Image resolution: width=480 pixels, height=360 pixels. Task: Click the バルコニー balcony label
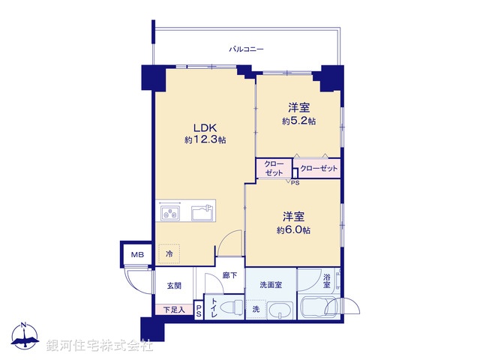click(x=247, y=49)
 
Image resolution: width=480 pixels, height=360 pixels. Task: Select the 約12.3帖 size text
click(x=205, y=140)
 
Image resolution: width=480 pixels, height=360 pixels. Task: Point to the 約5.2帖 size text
click(x=298, y=121)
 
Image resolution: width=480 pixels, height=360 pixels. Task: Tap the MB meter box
click(x=136, y=255)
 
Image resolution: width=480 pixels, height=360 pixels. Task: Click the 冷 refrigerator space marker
click(x=169, y=255)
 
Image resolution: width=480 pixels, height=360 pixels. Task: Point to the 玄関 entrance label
click(x=174, y=286)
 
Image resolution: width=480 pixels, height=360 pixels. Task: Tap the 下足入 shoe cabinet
click(x=173, y=309)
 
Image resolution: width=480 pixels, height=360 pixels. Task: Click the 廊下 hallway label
click(x=229, y=275)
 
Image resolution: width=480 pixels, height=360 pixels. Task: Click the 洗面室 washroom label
click(x=270, y=286)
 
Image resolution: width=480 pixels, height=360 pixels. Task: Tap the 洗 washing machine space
click(x=256, y=310)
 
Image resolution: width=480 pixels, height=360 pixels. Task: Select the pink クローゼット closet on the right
click(x=319, y=169)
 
